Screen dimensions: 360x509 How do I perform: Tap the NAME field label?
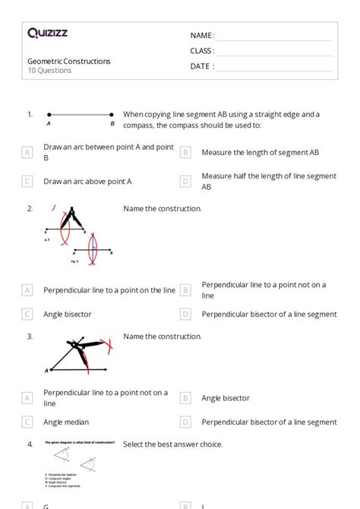click(202, 36)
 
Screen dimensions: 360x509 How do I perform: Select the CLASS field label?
click(203, 51)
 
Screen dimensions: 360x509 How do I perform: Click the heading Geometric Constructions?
click(69, 61)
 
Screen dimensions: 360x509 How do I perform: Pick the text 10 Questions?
click(50, 71)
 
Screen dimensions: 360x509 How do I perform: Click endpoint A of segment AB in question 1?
click(49, 115)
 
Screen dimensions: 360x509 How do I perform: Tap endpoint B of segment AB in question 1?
click(112, 115)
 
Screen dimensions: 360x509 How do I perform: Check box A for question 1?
click(27, 152)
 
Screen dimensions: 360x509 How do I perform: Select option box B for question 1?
click(185, 152)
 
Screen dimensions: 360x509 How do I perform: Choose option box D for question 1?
click(185, 182)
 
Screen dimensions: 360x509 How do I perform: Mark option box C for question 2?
click(27, 314)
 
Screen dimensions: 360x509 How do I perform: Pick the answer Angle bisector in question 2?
click(68, 314)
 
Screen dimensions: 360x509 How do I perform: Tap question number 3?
click(30, 337)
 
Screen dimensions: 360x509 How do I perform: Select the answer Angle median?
click(66, 422)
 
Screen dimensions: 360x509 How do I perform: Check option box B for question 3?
click(185, 398)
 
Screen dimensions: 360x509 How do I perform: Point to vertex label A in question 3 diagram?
click(47, 370)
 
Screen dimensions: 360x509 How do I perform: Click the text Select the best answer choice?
click(172, 444)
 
